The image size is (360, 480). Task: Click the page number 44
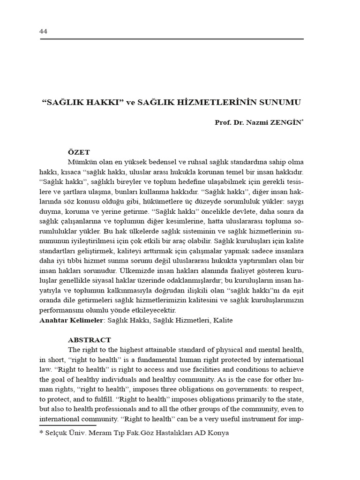point(44,31)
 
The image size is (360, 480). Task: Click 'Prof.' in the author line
point(224,122)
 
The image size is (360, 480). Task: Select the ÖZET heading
point(79,152)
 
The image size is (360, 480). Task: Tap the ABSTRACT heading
point(90,340)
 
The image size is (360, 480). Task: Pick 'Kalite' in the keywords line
point(222,320)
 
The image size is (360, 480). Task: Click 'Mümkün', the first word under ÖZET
point(81,162)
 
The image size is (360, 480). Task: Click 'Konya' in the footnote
point(218,433)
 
